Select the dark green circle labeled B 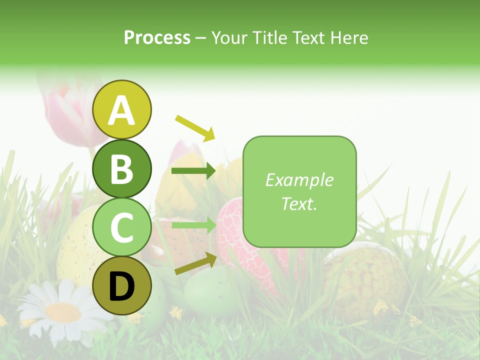[122, 168]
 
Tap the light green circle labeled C [122, 227]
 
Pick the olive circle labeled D [122, 285]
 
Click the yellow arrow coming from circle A [194, 127]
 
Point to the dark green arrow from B [193, 171]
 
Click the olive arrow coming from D [195, 264]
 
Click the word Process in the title [157, 37]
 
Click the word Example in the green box [299, 180]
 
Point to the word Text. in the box [299, 203]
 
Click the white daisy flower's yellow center [62, 312]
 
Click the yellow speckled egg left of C [75, 250]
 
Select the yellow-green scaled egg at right [365, 280]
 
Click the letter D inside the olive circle [122, 286]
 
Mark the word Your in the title [231, 37]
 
